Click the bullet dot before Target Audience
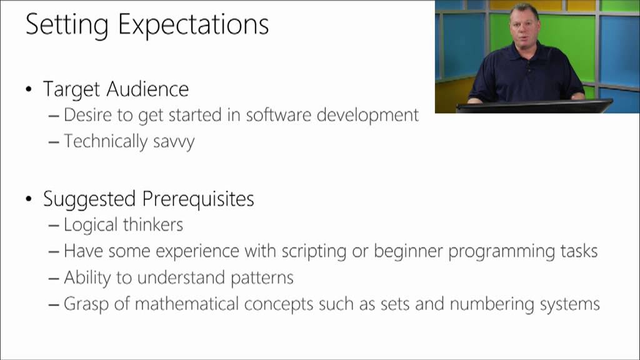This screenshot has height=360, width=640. (29, 90)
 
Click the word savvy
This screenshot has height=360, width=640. (174, 142)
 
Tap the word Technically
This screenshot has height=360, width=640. (106, 141)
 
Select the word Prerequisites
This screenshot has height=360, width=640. (198, 199)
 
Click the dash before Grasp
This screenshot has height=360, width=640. (54, 304)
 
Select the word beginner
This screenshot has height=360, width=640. (408, 251)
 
